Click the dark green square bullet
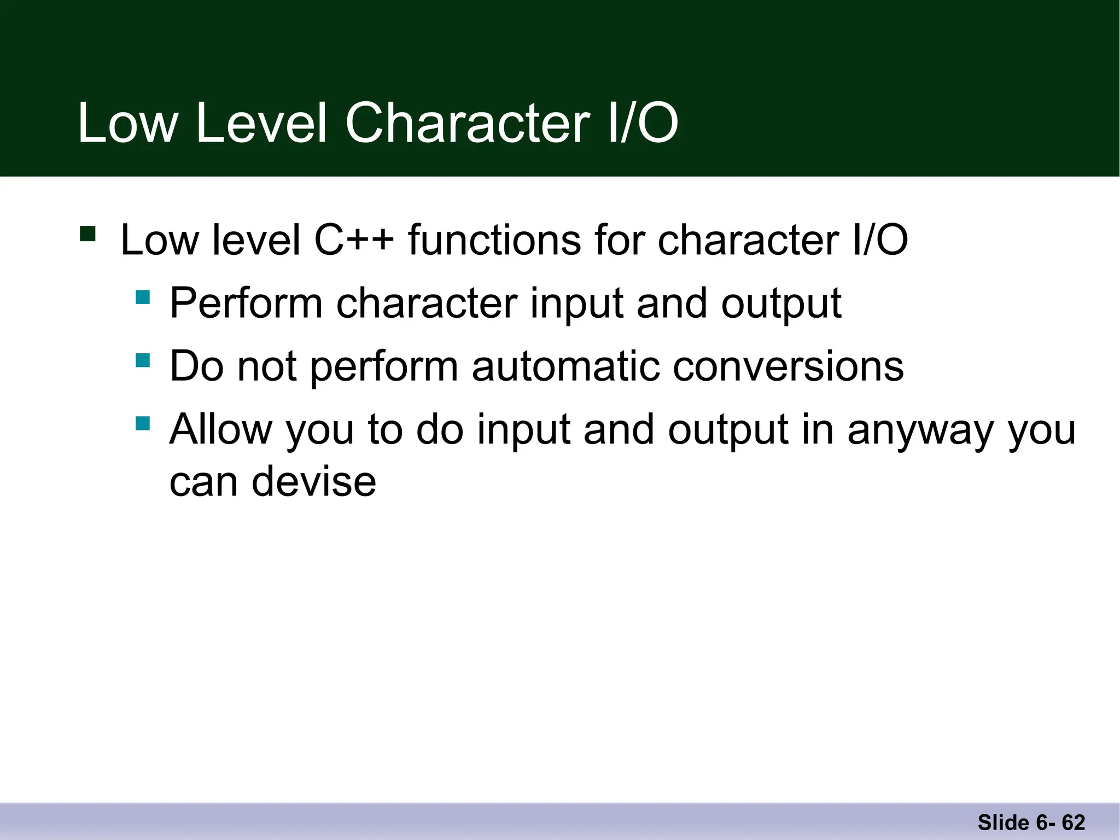[x=87, y=234]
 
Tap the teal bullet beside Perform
[x=143, y=297]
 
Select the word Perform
[x=246, y=303]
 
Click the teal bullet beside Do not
[x=143, y=360]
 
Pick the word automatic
[x=565, y=366]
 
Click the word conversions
[x=788, y=366]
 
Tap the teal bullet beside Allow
[x=143, y=423]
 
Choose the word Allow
[x=220, y=429]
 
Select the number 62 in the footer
[x=1074, y=822]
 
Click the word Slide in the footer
[x=1004, y=822]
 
